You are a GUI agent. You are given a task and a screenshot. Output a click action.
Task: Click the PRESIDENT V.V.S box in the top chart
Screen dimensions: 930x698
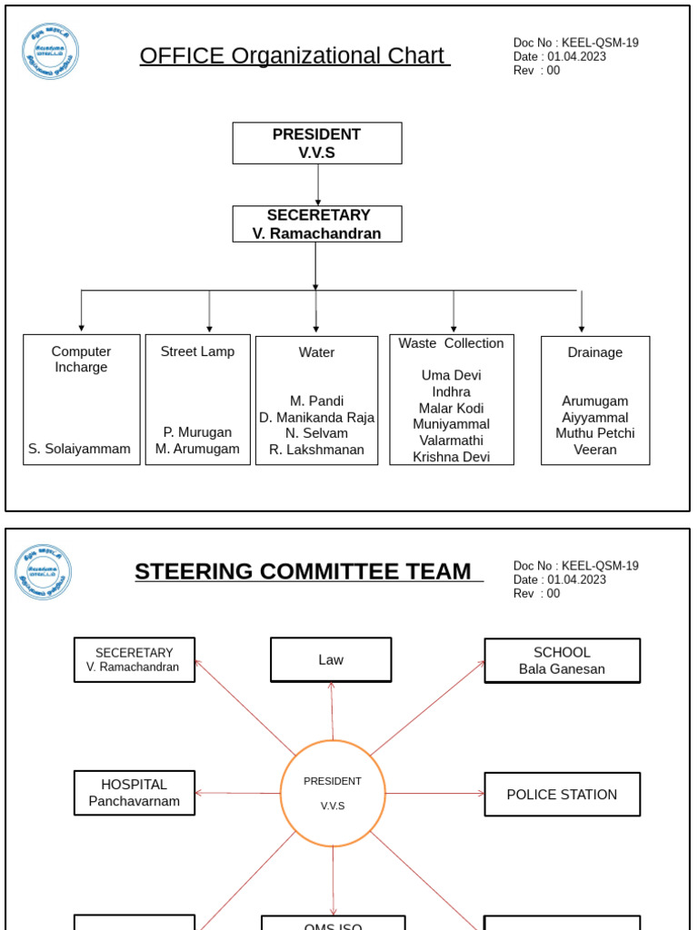click(317, 143)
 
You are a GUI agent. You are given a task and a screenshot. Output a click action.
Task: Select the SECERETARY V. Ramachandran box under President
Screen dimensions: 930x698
click(317, 223)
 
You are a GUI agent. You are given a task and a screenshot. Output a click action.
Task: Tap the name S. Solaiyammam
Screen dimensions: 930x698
click(80, 449)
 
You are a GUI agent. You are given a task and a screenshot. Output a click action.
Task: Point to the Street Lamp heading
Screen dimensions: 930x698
click(197, 351)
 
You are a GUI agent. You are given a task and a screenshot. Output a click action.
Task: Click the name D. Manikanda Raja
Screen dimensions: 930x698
click(316, 417)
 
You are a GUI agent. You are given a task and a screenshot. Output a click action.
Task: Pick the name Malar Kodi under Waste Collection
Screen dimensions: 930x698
click(451, 408)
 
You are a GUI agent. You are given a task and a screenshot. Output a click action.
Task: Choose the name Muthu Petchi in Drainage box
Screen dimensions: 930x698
click(595, 433)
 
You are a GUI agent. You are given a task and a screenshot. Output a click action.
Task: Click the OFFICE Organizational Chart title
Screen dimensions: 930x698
click(294, 55)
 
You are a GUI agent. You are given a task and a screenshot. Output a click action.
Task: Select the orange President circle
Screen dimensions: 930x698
click(333, 793)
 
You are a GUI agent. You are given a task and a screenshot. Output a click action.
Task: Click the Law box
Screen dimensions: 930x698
click(331, 659)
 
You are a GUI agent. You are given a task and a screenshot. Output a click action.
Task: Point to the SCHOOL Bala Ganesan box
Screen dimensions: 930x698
click(562, 660)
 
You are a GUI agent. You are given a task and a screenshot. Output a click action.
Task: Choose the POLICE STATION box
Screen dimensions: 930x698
click(562, 795)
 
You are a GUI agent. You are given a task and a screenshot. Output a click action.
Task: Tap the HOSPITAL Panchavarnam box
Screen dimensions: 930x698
click(135, 793)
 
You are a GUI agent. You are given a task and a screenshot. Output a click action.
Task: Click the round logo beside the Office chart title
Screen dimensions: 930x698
click(51, 52)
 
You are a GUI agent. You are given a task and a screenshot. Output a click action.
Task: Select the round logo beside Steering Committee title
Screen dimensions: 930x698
click(44, 572)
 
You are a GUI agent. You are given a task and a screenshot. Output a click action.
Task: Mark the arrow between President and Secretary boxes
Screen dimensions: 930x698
click(318, 184)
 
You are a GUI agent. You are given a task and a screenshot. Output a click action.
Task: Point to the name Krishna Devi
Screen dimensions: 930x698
click(451, 457)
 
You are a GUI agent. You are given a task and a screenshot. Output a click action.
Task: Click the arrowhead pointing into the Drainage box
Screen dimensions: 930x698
click(582, 328)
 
